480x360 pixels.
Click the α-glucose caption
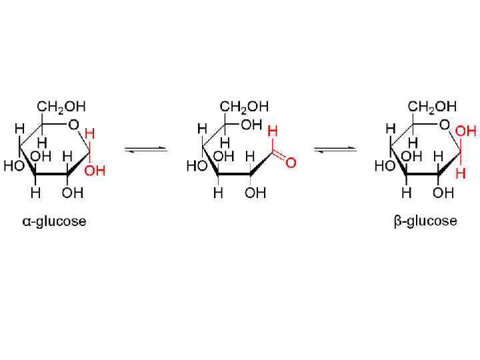tap(51, 221)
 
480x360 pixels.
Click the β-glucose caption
tap(425, 221)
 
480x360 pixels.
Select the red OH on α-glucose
tap(95, 171)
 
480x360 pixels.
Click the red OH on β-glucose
tap(465, 132)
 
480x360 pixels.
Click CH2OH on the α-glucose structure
tap(61, 106)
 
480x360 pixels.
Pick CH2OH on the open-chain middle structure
tap(245, 106)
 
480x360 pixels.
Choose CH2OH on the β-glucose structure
tap(433, 106)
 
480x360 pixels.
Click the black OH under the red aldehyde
tap(255, 193)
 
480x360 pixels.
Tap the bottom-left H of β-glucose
tap(407, 193)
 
